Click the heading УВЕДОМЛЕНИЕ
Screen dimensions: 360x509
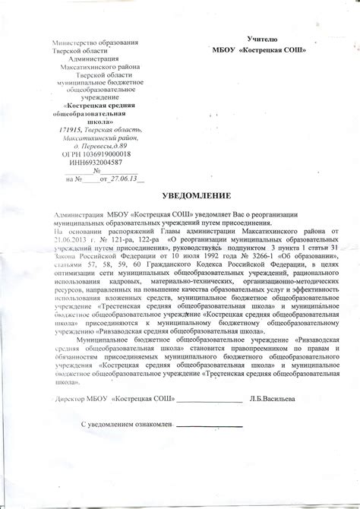click(179, 195)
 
